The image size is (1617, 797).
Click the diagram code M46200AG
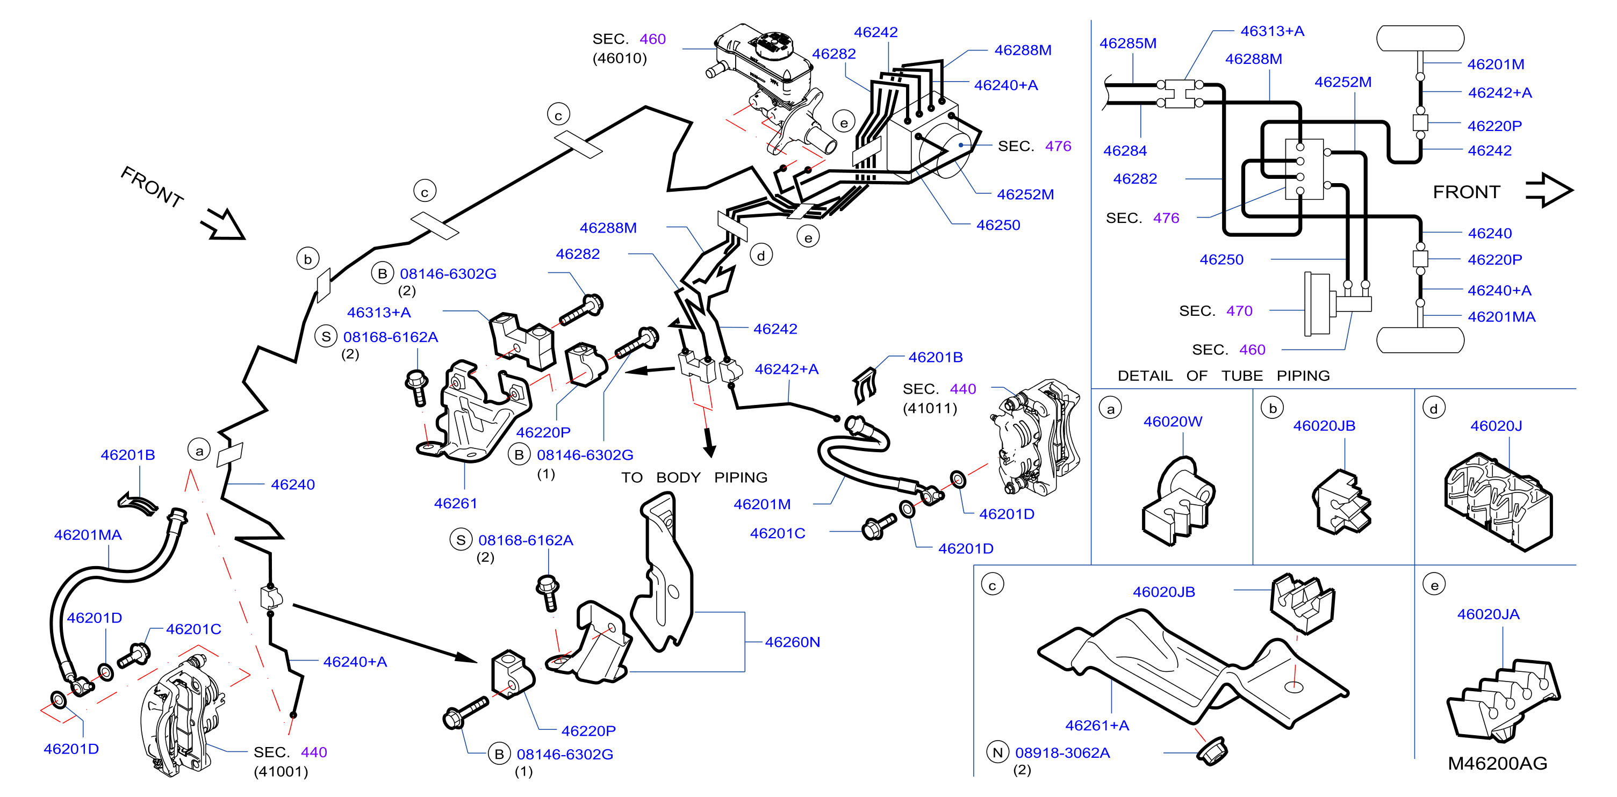pos(1497,763)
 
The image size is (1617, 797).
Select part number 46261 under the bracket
pos(456,503)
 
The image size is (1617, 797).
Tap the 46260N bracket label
pos(792,642)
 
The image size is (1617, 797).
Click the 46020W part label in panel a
pos(1173,421)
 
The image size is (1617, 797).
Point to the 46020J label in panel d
pos(1496,425)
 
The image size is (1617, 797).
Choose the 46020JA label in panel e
pos(1489,614)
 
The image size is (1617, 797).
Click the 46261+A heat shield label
pos(1097,726)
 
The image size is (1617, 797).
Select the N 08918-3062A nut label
pos(1049,752)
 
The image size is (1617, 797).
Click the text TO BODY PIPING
pos(694,477)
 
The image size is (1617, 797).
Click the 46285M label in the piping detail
pos(1128,44)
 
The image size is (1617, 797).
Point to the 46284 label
pos(1125,150)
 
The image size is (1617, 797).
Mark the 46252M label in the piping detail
pos(1343,82)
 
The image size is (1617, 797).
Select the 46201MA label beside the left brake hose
pos(88,535)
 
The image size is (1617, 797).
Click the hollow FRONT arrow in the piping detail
pos(1549,190)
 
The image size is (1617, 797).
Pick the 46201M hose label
pos(762,504)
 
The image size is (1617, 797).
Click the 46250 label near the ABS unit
pos(998,224)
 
